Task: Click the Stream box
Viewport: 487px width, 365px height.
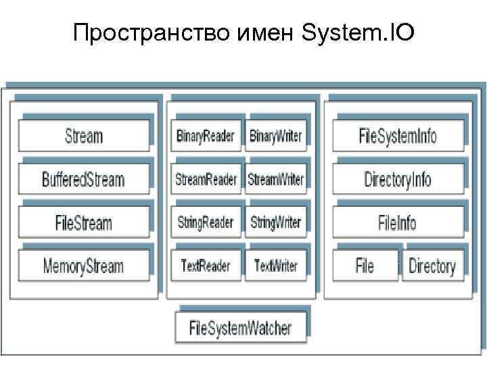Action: (84, 136)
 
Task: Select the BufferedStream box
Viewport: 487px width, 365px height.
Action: (84, 180)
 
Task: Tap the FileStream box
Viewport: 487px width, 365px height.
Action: (84, 222)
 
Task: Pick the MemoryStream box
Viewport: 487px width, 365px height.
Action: (84, 265)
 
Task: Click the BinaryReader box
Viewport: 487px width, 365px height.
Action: (206, 136)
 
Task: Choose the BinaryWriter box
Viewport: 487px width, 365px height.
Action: (276, 136)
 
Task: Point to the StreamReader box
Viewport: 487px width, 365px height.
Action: (206, 180)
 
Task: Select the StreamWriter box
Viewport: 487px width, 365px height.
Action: (276, 180)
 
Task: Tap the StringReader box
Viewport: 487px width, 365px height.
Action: (206, 222)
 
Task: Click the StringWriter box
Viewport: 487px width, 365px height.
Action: (276, 222)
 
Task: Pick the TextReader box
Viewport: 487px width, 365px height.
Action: (206, 265)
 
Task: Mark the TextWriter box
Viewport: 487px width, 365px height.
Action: (276, 265)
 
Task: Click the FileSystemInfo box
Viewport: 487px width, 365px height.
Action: (398, 136)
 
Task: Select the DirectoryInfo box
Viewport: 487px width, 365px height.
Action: (398, 180)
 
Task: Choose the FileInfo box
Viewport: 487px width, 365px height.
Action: (398, 222)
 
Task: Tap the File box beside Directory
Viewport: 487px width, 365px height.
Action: (365, 266)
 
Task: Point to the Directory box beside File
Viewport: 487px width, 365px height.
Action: (432, 266)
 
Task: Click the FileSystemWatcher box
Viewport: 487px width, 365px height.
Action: (241, 328)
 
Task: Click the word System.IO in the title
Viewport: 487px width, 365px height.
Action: (361, 32)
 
